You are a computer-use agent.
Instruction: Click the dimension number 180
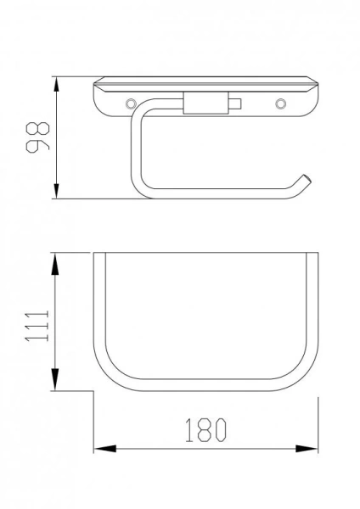[x=204, y=430]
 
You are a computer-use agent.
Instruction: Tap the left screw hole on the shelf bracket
[x=130, y=103]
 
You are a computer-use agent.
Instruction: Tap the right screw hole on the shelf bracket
[x=279, y=103]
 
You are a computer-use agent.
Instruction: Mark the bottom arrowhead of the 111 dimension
[x=57, y=383]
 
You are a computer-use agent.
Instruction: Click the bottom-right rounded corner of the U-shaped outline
[x=302, y=378]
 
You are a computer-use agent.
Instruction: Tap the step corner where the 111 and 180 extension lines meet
[x=92, y=391]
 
